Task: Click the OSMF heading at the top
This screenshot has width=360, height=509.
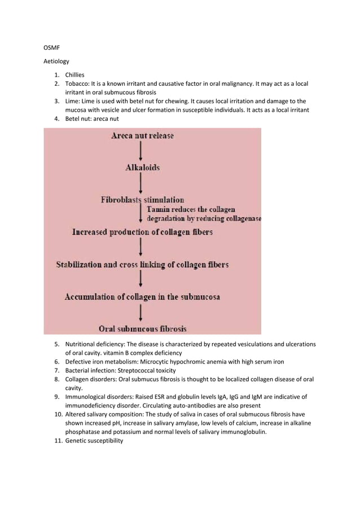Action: coord(51,54)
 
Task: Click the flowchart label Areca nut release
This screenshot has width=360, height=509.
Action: coord(142,135)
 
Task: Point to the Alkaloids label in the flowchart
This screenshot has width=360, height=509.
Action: coord(142,168)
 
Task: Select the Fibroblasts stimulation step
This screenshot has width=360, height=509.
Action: coord(142,200)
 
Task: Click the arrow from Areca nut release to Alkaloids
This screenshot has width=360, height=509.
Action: coord(141,151)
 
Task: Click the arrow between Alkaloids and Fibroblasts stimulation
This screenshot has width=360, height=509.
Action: coord(141,183)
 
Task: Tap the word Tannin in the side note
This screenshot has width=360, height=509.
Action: coord(159,209)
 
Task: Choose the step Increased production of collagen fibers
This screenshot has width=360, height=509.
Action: coord(142,232)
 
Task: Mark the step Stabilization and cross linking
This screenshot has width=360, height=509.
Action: coord(142,264)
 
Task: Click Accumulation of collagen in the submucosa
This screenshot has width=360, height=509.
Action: coord(142,296)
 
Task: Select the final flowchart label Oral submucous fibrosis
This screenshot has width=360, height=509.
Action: coord(143,328)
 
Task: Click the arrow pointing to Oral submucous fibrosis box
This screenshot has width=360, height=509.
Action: coord(141,312)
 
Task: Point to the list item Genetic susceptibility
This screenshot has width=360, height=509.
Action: coord(94,441)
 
